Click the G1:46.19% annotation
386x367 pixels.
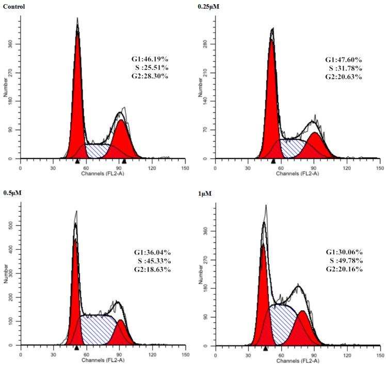[150, 60]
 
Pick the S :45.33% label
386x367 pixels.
[152, 261]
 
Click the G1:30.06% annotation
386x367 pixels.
[344, 252]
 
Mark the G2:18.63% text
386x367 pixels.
[152, 269]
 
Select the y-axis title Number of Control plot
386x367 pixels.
[5, 88]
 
